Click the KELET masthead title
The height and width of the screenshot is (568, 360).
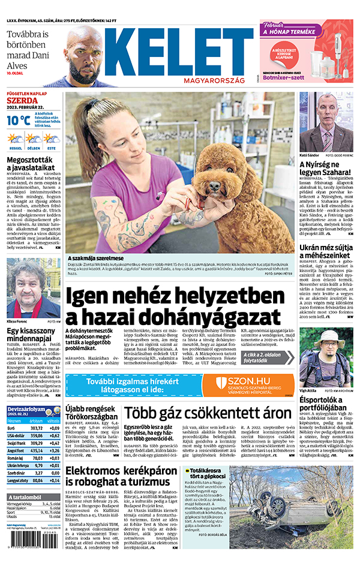(x=180, y=53)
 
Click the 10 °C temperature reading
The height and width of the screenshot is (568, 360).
(x=18, y=120)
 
